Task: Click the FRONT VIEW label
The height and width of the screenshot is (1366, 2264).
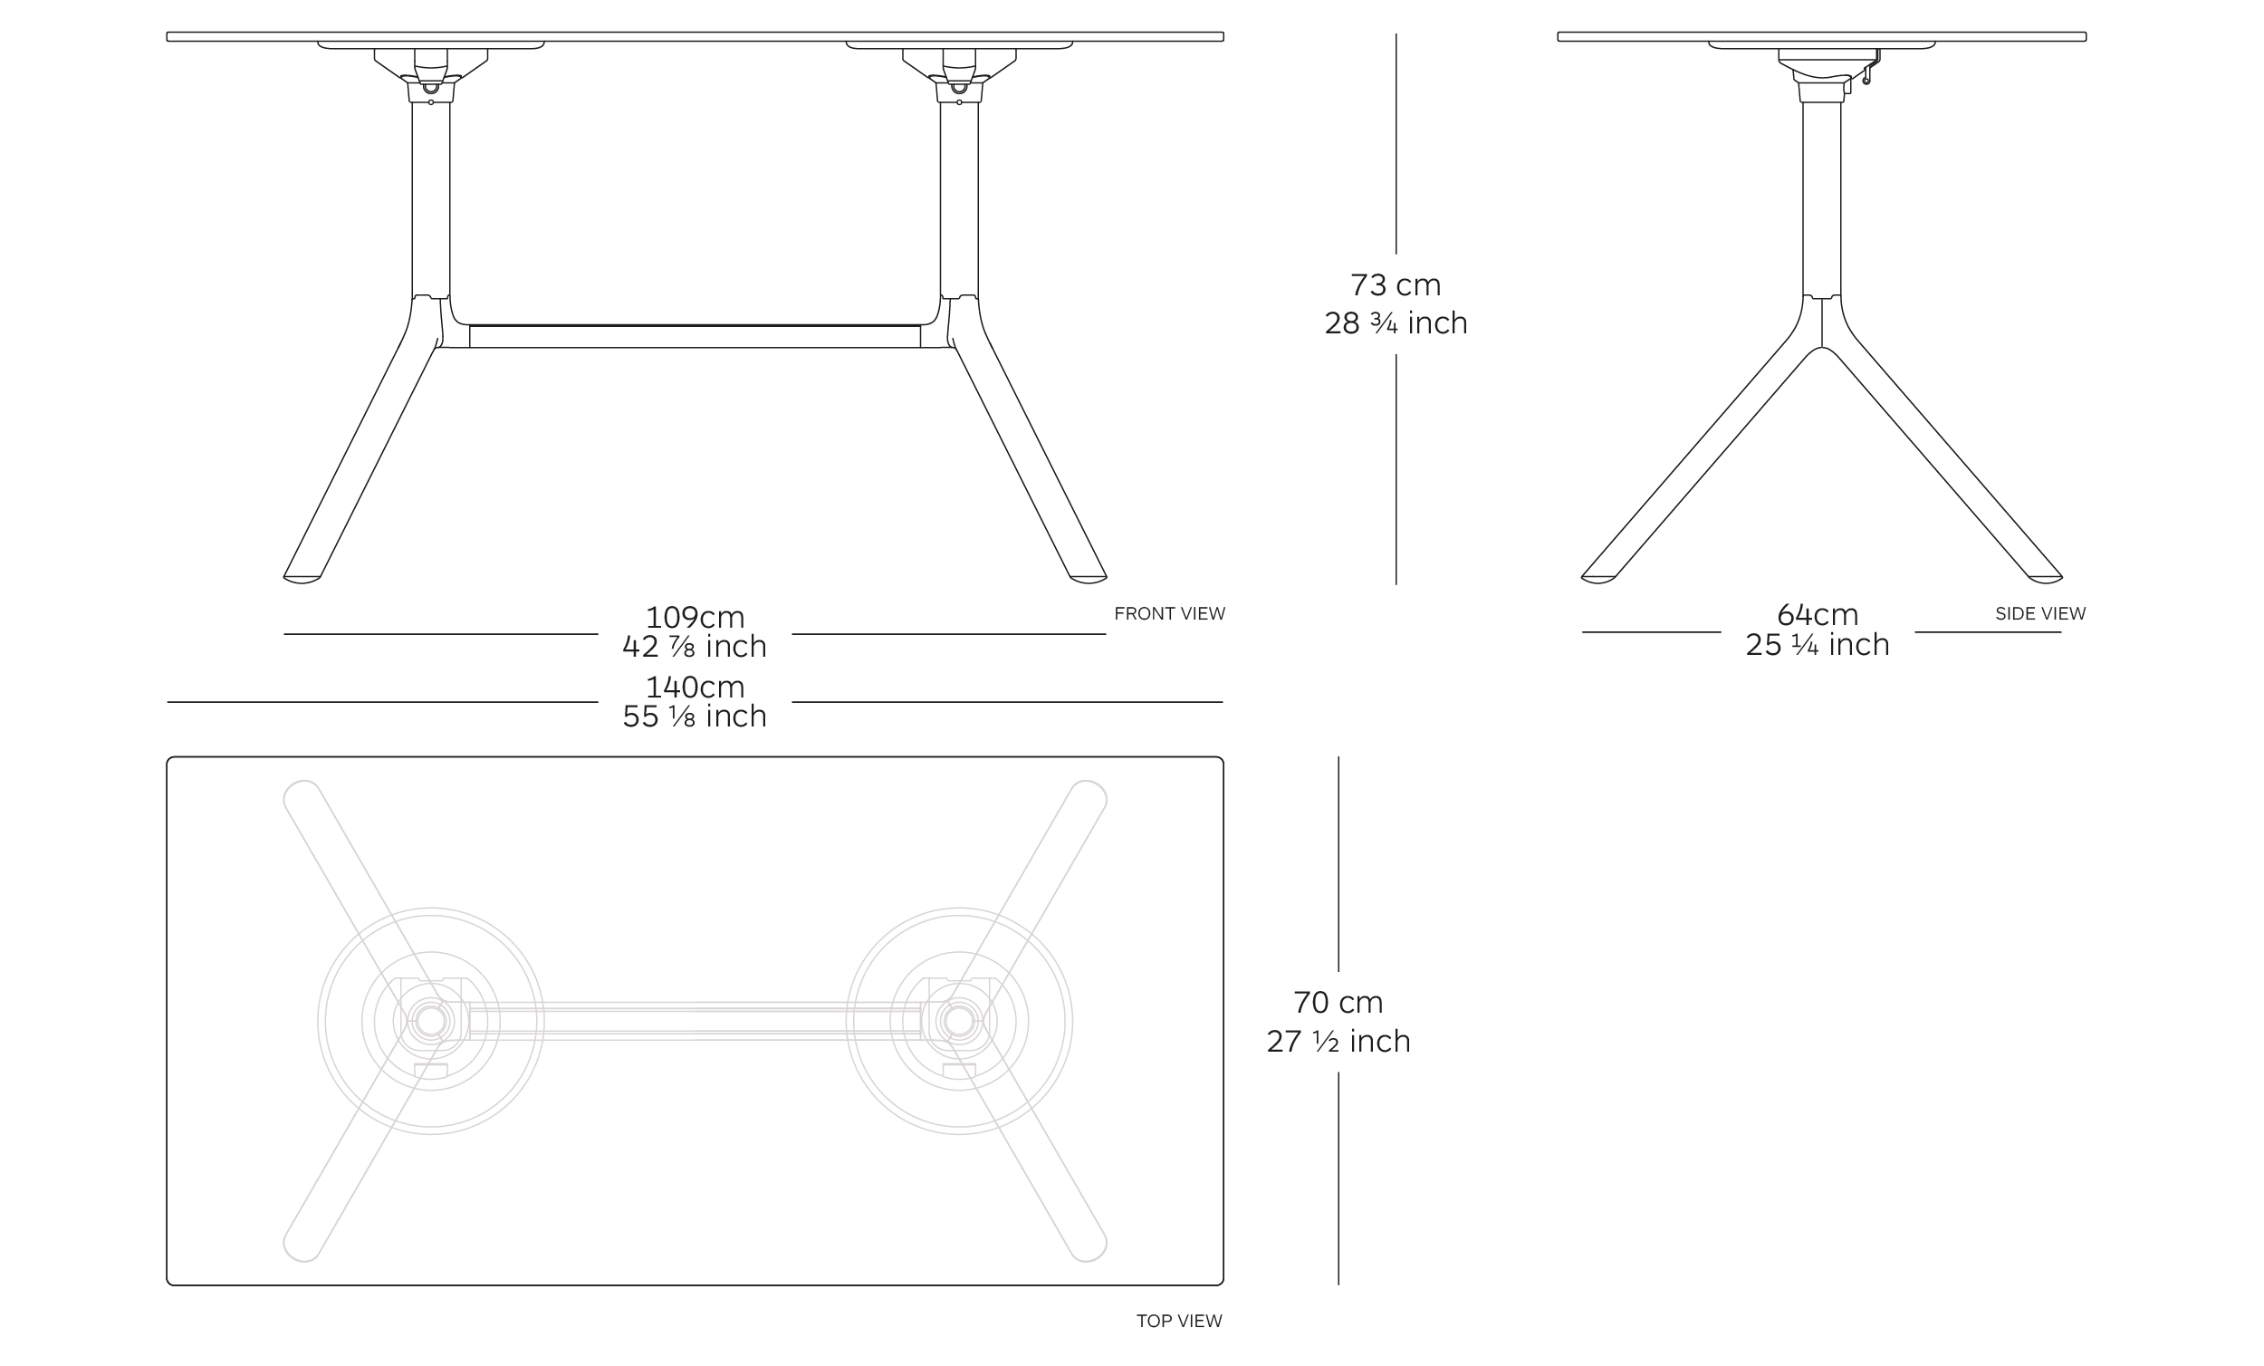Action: pos(1169,613)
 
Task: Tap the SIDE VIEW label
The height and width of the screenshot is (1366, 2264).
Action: pos(2039,613)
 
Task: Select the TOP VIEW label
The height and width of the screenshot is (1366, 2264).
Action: pos(1179,1321)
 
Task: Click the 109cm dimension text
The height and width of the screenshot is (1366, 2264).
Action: pos(695,617)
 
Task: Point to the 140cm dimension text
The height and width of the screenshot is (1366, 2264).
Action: pos(695,687)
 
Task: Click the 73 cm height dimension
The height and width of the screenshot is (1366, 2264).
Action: pos(1395,285)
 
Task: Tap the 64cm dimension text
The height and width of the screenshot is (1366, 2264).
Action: pos(1817,614)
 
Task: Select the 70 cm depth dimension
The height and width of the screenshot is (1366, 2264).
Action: pos(1338,1002)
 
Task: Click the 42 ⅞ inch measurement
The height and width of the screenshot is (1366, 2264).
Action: pos(695,646)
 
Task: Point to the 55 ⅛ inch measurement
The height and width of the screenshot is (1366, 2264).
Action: pos(695,717)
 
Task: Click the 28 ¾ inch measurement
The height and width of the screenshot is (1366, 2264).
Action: pos(1395,323)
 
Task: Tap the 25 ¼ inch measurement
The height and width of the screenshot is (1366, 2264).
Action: pos(1817,644)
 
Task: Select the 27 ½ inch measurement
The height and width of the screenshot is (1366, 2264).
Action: pos(1338,1042)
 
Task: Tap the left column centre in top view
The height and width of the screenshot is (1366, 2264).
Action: pos(431,1021)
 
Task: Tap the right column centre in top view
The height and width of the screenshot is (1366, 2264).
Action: pos(959,1021)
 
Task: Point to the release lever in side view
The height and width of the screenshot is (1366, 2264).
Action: pos(1866,73)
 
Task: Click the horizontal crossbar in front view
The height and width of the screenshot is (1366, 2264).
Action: pos(695,336)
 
